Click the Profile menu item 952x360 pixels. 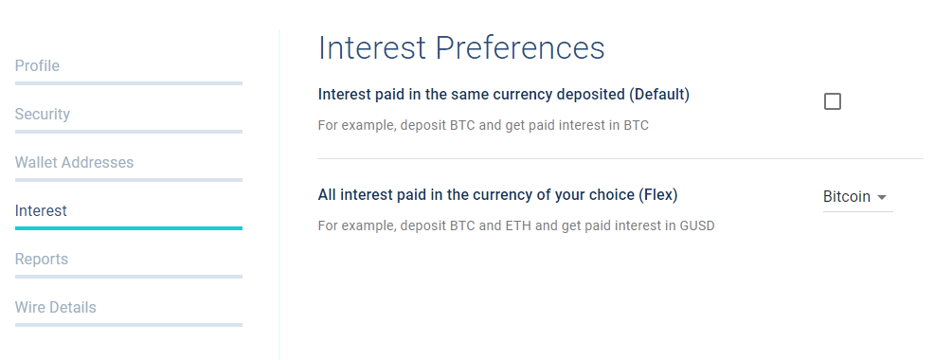point(37,65)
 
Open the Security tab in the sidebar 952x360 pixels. point(43,114)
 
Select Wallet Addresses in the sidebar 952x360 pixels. point(74,163)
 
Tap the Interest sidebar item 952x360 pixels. point(41,210)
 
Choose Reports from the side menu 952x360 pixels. point(42,260)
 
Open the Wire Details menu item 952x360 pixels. point(55,307)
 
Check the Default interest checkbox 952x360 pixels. point(833,101)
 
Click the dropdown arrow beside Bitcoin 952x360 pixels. point(882,197)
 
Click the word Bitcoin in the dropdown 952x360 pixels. point(846,197)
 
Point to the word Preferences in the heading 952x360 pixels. point(520,48)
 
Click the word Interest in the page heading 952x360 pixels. point(372,48)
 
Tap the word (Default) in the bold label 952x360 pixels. point(658,95)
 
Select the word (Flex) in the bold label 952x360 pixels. point(657,195)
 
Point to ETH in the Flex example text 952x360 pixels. point(513,225)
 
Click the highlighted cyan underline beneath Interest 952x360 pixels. point(129,228)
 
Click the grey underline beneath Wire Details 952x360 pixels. point(129,325)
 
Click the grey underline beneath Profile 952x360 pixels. point(129,83)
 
